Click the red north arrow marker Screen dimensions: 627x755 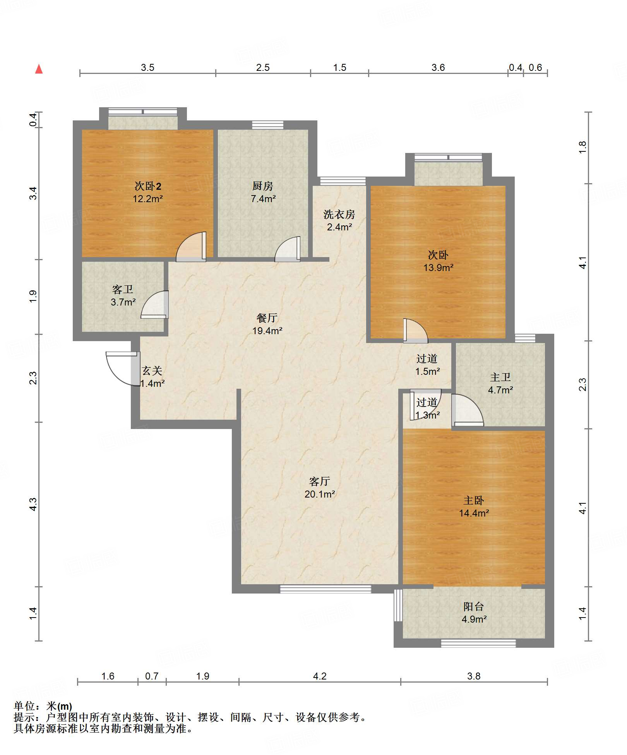click(x=39, y=69)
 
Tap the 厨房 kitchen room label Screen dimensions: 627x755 click(x=263, y=186)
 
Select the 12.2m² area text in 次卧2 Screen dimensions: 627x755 click(x=147, y=199)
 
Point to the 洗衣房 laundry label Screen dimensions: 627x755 click(x=339, y=214)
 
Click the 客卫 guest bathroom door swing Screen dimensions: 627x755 click(x=155, y=305)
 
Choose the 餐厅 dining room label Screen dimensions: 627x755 click(x=267, y=318)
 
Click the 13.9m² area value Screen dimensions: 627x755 click(x=438, y=268)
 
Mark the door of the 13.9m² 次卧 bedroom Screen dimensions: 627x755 click(x=416, y=331)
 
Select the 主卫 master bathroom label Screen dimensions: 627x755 click(x=500, y=377)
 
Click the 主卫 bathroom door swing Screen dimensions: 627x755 click(x=468, y=410)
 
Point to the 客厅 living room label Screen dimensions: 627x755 click(x=320, y=481)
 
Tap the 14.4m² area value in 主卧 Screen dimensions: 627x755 click(x=474, y=513)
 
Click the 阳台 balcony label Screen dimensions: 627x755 click(x=474, y=607)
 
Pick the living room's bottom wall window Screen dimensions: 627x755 click(x=325, y=589)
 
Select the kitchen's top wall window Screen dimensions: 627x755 click(x=267, y=125)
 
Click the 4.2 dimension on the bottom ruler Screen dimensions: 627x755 click(x=320, y=676)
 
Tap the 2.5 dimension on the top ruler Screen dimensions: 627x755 click(x=263, y=67)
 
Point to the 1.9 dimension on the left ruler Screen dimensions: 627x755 click(x=33, y=296)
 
